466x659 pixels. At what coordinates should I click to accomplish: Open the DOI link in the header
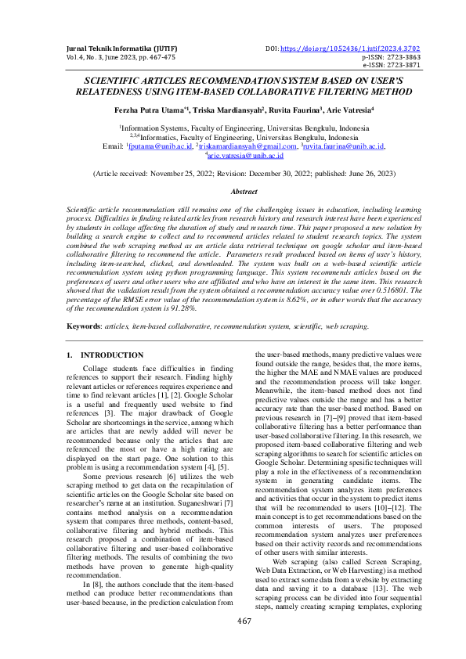coord(356,48)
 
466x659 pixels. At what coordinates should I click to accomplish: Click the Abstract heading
coord(244,191)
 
